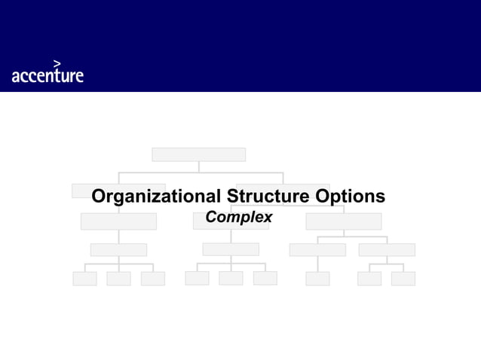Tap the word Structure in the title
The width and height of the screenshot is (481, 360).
point(268,197)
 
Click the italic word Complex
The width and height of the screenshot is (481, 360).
point(239,217)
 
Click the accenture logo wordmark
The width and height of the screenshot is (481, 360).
point(47,75)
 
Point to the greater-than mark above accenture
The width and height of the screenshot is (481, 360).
point(57,63)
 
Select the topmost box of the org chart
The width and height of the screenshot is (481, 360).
point(198,154)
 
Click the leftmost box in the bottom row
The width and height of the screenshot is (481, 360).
point(84,279)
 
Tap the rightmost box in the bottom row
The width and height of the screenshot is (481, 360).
point(403,279)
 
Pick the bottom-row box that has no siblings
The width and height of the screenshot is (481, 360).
point(317,279)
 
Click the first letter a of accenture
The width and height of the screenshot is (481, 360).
point(16,76)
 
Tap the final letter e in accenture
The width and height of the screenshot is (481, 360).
point(79,76)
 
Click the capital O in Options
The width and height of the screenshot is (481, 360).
point(323,197)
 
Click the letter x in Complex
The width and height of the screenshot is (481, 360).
point(268,218)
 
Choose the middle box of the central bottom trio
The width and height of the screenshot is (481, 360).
point(231,279)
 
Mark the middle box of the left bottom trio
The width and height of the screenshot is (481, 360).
point(118,279)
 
